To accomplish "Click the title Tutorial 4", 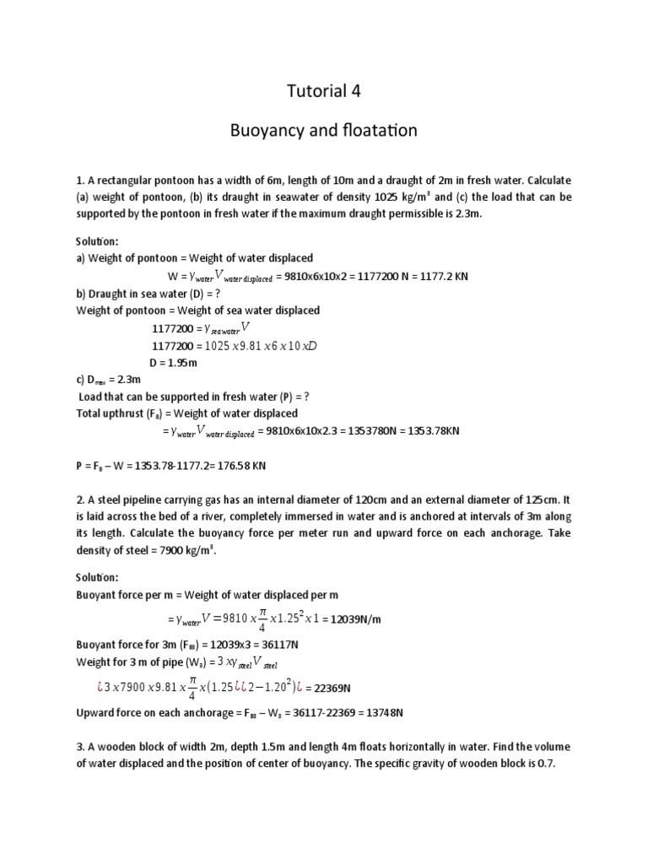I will click(324, 91).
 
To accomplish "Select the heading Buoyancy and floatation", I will click(324, 132).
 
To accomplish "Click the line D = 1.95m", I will click(173, 362).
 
